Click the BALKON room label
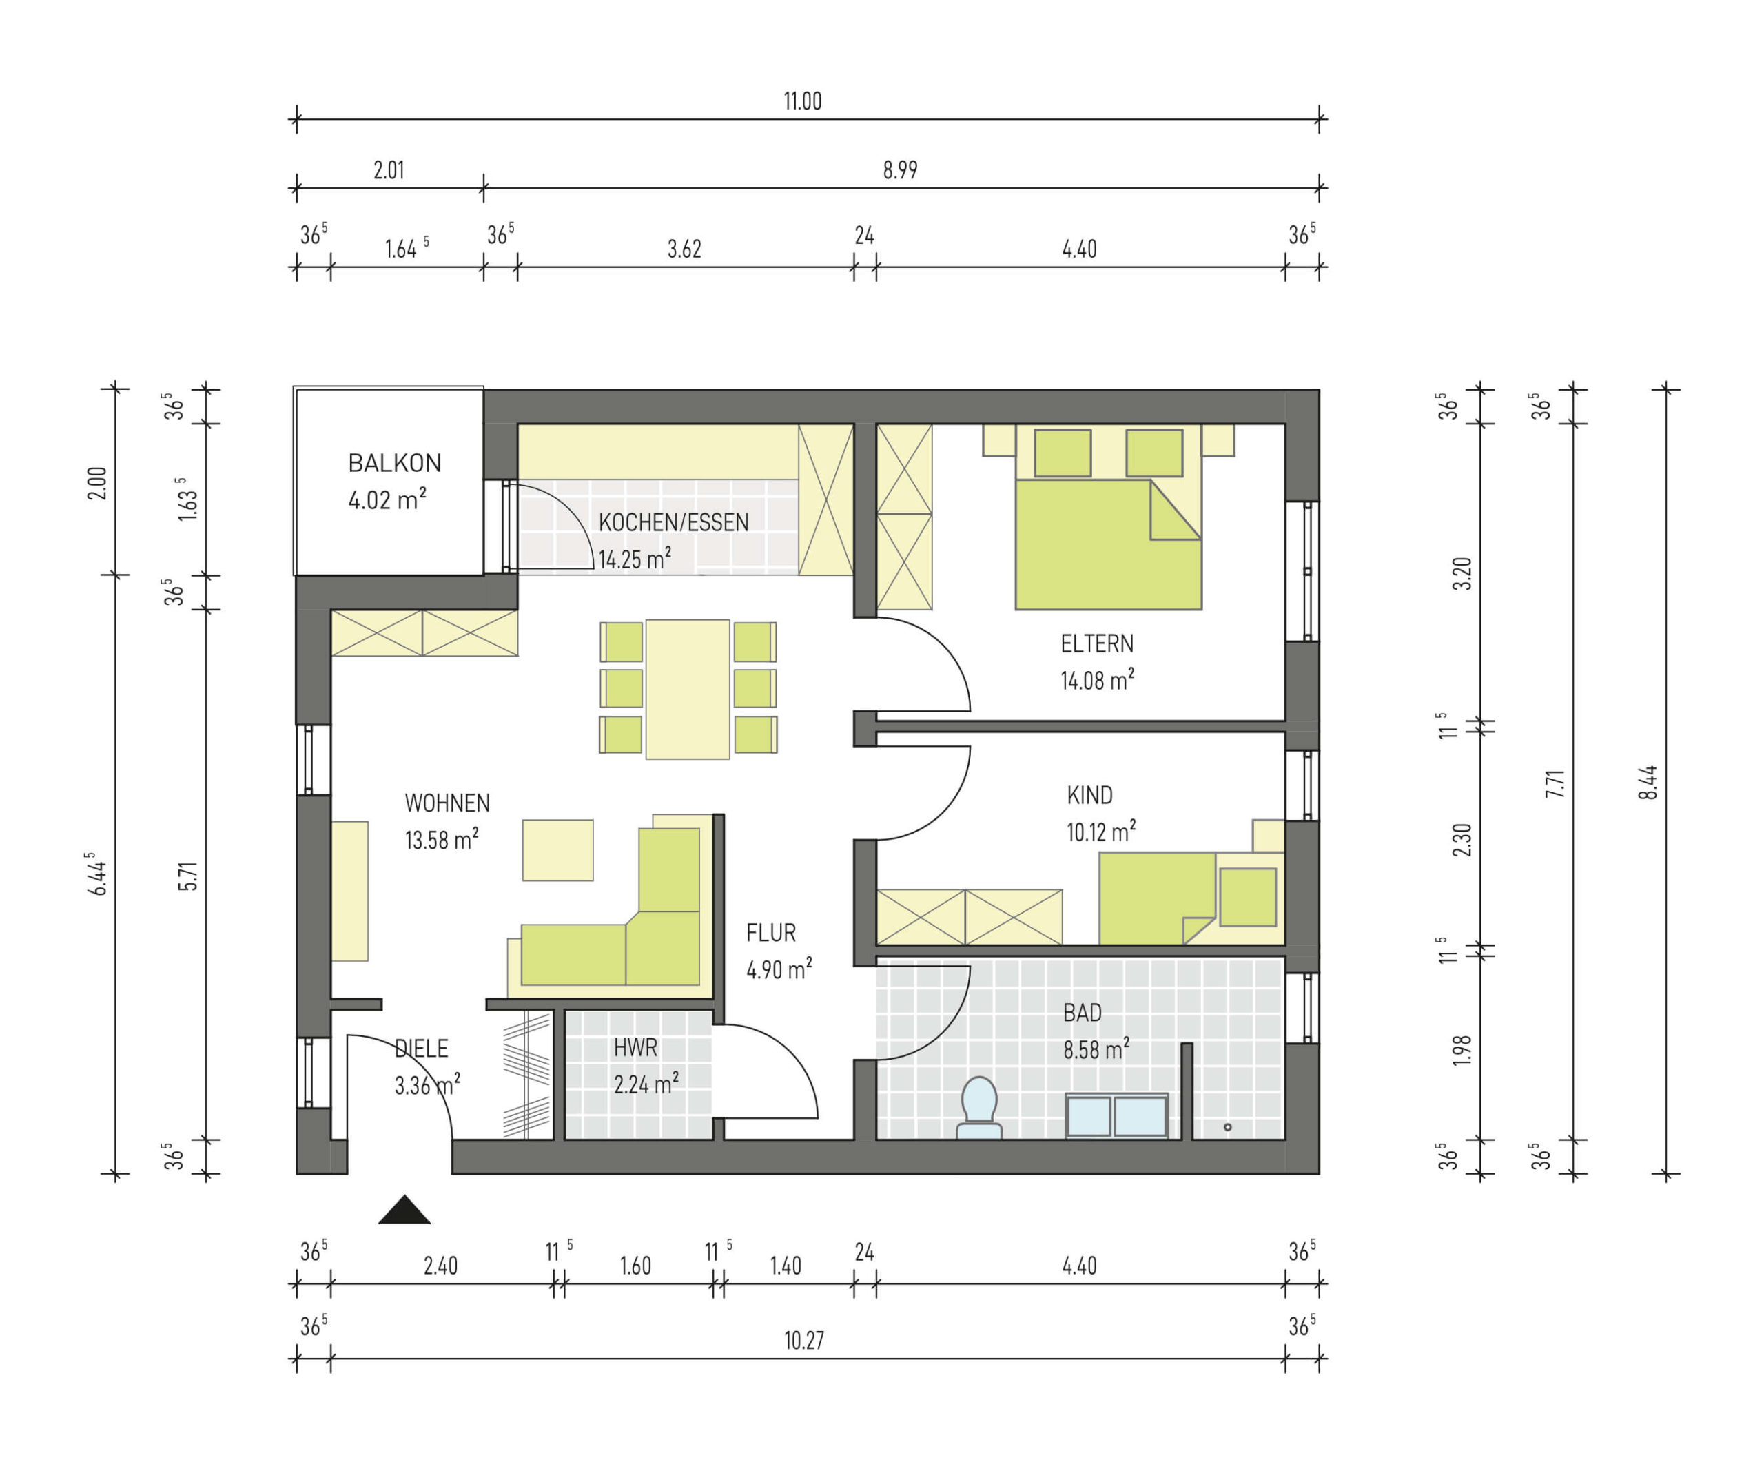[x=394, y=463]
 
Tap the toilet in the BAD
[x=979, y=1108]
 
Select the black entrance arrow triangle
[x=404, y=1210]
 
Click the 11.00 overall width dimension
[x=802, y=102]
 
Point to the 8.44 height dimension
[x=1648, y=782]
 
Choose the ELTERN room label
[x=1096, y=644]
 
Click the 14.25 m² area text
[x=634, y=559]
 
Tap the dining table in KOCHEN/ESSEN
[x=687, y=690]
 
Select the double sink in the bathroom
[x=1116, y=1116]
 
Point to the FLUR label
[x=770, y=932]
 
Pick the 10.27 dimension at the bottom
[x=804, y=1341]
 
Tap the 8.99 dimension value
[x=900, y=170]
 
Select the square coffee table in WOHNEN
[x=557, y=850]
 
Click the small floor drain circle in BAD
[x=1227, y=1127]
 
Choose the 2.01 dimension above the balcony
[x=389, y=170]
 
